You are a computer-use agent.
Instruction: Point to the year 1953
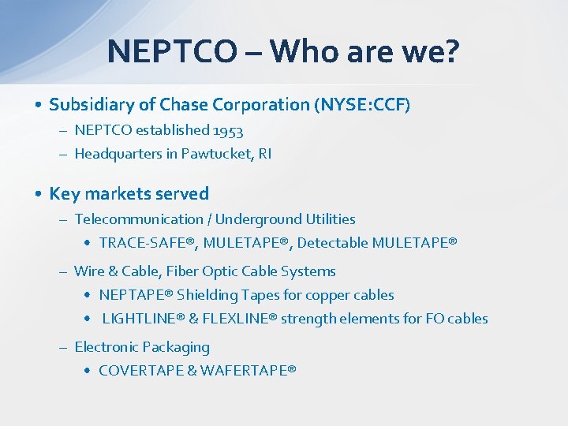click(227, 130)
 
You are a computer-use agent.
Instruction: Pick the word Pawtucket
click(213, 154)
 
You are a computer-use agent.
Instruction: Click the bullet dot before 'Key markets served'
click(38, 194)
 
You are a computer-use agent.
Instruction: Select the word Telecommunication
click(139, 219)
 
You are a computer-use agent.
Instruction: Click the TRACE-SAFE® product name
click(148, 243)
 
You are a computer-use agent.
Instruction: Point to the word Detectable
click(330, 243)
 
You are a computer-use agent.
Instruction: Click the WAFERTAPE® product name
click(248, 370)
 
